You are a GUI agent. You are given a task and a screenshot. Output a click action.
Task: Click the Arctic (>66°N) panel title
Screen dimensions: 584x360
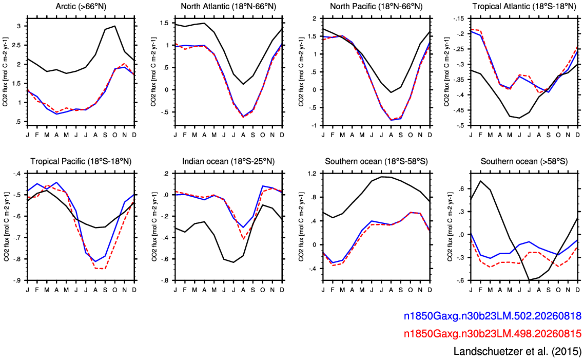tap(81, 6)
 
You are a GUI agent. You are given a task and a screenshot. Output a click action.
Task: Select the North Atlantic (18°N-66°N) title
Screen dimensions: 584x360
tap(229, 6)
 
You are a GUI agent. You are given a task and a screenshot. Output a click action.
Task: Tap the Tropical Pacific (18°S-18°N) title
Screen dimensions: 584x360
tap(81, 161)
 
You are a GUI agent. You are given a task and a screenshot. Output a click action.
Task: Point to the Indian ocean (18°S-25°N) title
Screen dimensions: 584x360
tap(228, 161)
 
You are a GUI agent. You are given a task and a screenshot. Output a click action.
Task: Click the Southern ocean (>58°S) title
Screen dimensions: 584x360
tap(524, 161)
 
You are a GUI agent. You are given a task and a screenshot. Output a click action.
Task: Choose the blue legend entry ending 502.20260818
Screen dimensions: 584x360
tap(492, 316)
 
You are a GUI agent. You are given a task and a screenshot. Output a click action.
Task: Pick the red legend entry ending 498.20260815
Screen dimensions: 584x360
tap(492, 333)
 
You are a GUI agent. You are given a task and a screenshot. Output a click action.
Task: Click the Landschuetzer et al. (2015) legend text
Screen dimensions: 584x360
tap(517, 351)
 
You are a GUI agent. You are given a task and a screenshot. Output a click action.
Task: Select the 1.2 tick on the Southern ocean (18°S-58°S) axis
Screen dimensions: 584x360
tap(312, 174)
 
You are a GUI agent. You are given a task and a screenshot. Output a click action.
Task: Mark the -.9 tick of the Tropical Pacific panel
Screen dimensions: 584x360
tap(17, 280)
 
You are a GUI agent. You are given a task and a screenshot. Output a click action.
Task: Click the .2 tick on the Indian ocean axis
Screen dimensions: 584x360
tap(166, 174)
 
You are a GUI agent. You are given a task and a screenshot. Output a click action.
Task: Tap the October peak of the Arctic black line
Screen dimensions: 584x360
tap(115, 26)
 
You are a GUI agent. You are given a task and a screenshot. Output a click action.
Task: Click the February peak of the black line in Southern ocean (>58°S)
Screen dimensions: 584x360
tap(480, 181)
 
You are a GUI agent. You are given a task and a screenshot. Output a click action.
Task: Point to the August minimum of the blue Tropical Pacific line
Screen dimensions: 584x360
tap(95, 261)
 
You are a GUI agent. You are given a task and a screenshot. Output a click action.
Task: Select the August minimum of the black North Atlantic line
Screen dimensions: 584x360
tap(243, 84)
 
